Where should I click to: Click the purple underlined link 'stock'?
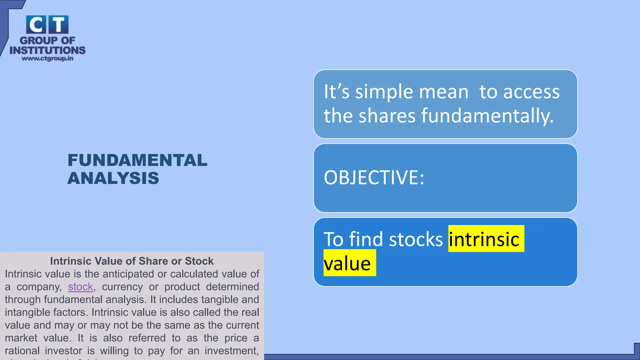click(x=80, y=287)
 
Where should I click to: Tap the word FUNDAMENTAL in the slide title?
click(x=137, y=160)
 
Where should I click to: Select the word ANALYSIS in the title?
click(x=113, y=178)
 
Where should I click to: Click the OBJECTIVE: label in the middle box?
click(x=374, y=177)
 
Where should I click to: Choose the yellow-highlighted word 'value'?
click(x=347, y=263)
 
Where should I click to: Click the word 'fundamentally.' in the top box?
click(x=487, y=116)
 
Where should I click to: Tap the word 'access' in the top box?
click(x=531, y=92)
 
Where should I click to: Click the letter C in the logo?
click(x=36, y=25)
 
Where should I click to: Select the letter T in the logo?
click(x=58, y=25)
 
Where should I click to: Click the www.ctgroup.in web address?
click(x=47, y=58)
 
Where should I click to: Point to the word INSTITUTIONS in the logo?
click(x=47, y=50)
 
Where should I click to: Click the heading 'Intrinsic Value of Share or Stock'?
click(x=132, y=261)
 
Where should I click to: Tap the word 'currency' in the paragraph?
click(x=122, y=287)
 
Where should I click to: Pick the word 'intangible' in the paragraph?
click(x=25, y=312)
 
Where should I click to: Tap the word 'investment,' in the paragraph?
click(x=232, y=351)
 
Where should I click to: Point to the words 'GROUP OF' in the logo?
click(x=47, y=40)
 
